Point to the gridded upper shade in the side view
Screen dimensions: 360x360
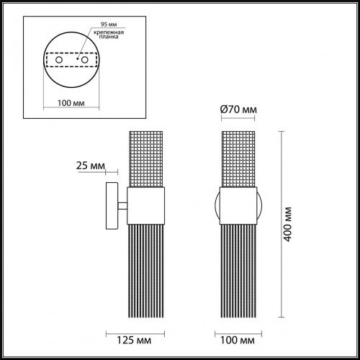click(x=147, y=158)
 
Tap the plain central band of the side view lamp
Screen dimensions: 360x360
click(x=147, y=204)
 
